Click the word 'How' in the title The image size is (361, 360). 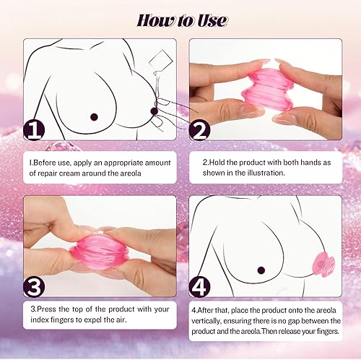(x=150, y=19)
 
